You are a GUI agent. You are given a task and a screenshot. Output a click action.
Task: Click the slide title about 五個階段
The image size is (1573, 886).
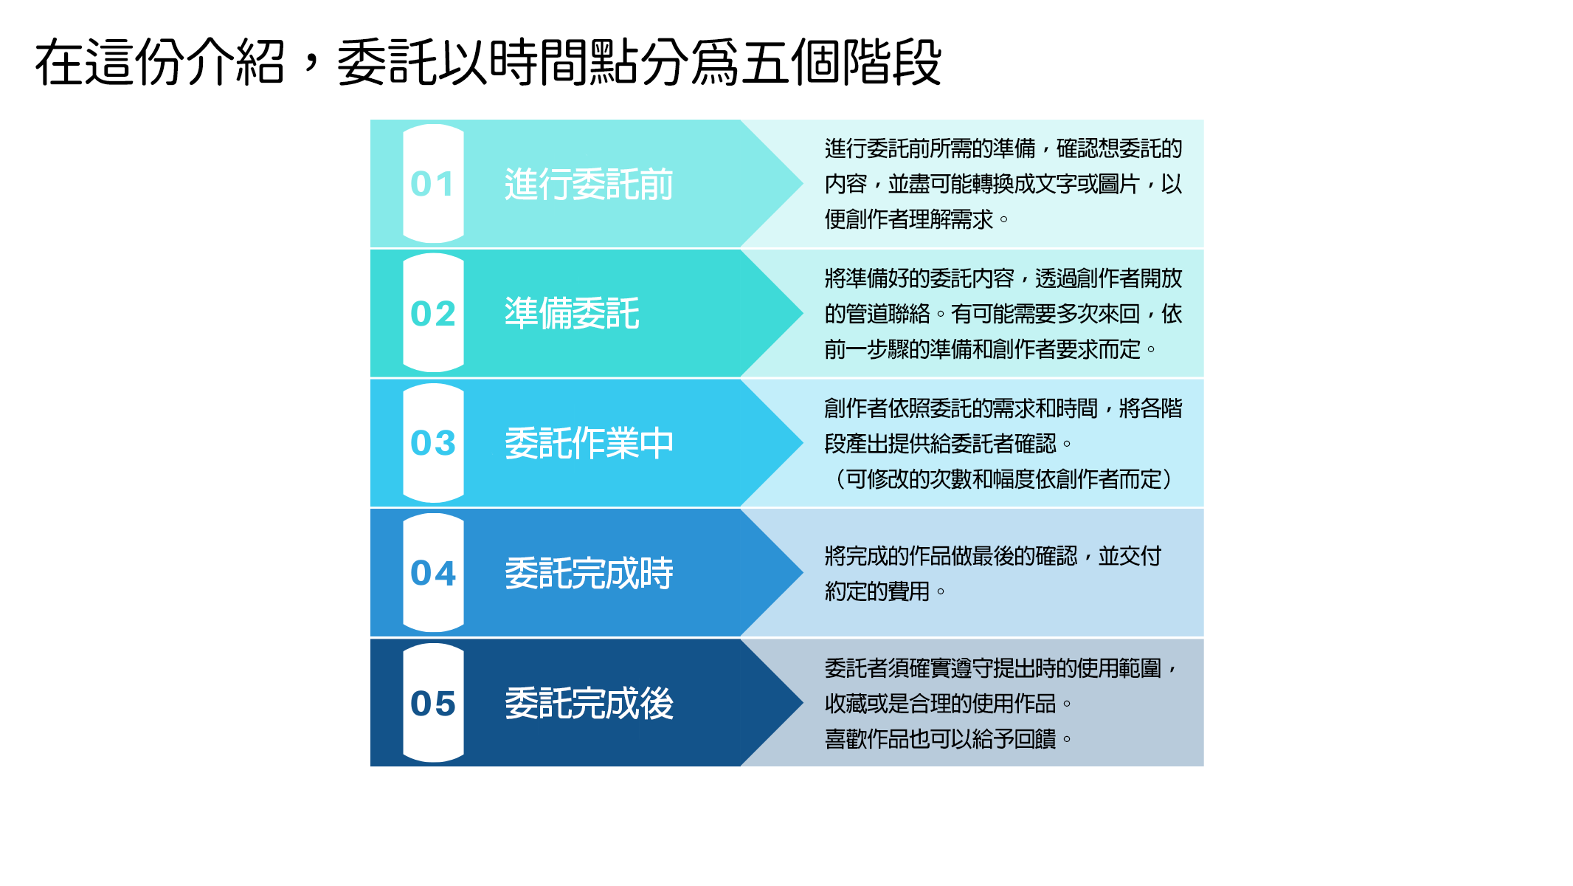tap(488, 63)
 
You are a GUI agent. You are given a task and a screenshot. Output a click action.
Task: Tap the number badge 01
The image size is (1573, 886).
tap(433, 184)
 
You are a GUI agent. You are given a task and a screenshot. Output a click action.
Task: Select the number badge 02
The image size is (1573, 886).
tap(433, 313)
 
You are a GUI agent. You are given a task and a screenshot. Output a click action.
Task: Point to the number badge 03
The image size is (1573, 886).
tap(433, 443)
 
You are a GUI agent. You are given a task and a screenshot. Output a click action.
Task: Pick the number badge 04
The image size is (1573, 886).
tap(433, 573)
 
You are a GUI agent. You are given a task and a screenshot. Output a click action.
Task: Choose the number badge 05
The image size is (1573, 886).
tap(433, 703)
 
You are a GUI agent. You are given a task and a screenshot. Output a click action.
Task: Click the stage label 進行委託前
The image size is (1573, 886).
tap(589, 184)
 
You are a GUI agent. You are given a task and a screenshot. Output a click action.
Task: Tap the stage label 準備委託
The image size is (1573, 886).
tap(572, 313)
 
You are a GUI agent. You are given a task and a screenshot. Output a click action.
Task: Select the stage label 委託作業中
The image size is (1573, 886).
tap(589, 443)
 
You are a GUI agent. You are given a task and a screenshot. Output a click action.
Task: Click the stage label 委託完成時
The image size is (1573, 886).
tap(589, 573)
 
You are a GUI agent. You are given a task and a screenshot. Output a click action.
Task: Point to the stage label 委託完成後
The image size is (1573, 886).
tap(589, 703)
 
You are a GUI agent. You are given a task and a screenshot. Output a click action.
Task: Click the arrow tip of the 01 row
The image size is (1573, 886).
tap(803, 183)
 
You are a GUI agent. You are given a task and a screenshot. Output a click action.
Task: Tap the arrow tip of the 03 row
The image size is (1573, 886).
tap(803, 442)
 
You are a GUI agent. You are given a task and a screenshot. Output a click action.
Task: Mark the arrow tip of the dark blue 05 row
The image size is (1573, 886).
tap(803, 702)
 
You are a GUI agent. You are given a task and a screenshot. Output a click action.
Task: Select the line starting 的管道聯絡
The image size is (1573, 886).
tap(1003, 314)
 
